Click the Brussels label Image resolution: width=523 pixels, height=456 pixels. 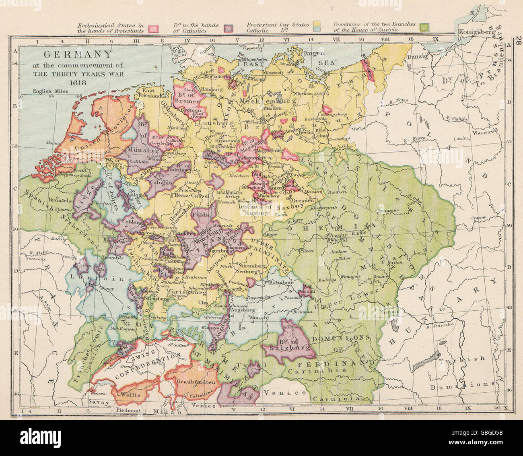[49, 200]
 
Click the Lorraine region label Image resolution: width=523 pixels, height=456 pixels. [88, 277]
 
